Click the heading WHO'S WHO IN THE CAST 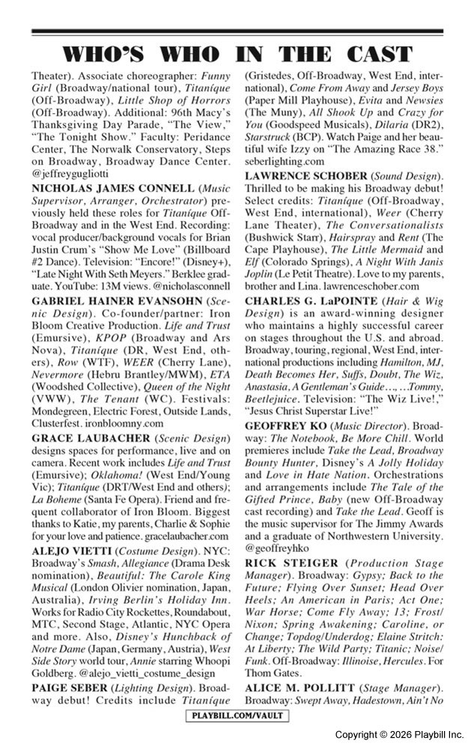point(237,55)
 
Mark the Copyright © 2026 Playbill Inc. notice point(398,734)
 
